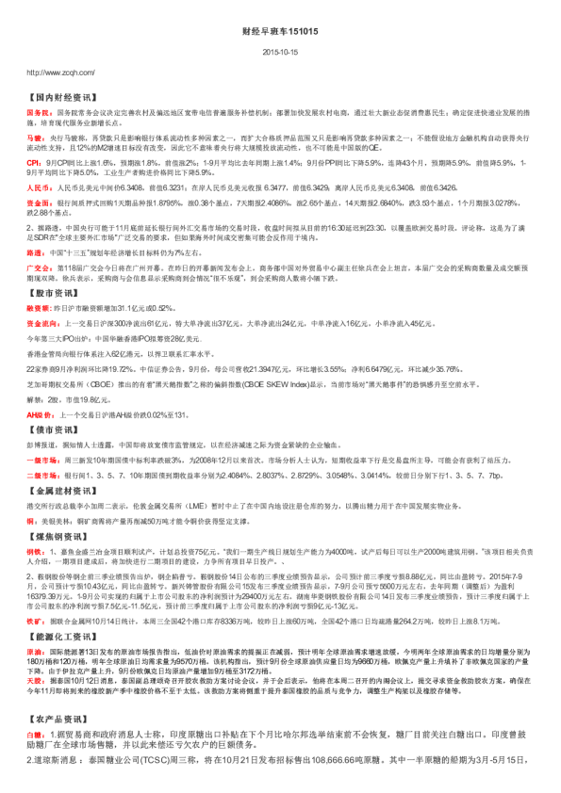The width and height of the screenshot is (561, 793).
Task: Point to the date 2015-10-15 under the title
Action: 280,54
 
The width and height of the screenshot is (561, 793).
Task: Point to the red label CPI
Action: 32,163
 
